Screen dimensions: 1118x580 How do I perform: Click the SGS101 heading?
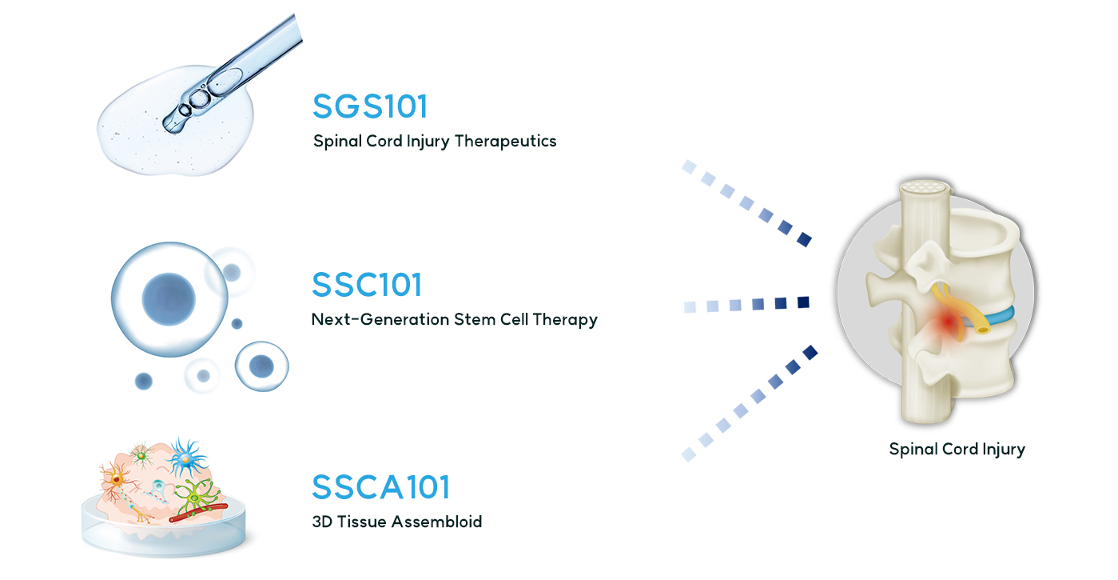pos(370,106)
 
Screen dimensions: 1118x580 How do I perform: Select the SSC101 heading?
pos(367,284)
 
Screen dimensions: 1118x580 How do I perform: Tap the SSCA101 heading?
pos(381,486)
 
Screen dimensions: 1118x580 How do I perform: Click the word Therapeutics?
pos(505,142)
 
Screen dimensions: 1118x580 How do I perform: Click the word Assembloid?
pos(436,522)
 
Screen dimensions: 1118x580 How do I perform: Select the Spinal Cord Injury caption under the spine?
pos(957,449)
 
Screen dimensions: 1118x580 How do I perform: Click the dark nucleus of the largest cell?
pos(169,298)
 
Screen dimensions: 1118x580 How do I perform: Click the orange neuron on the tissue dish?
pos(117,479)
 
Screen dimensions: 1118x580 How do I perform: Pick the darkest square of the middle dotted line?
pos(803,302)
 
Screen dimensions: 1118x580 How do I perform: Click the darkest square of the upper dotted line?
pos(804,240)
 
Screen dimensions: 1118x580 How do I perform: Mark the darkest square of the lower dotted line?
pos(810,352)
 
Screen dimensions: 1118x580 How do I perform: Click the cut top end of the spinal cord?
pos(925,187)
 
